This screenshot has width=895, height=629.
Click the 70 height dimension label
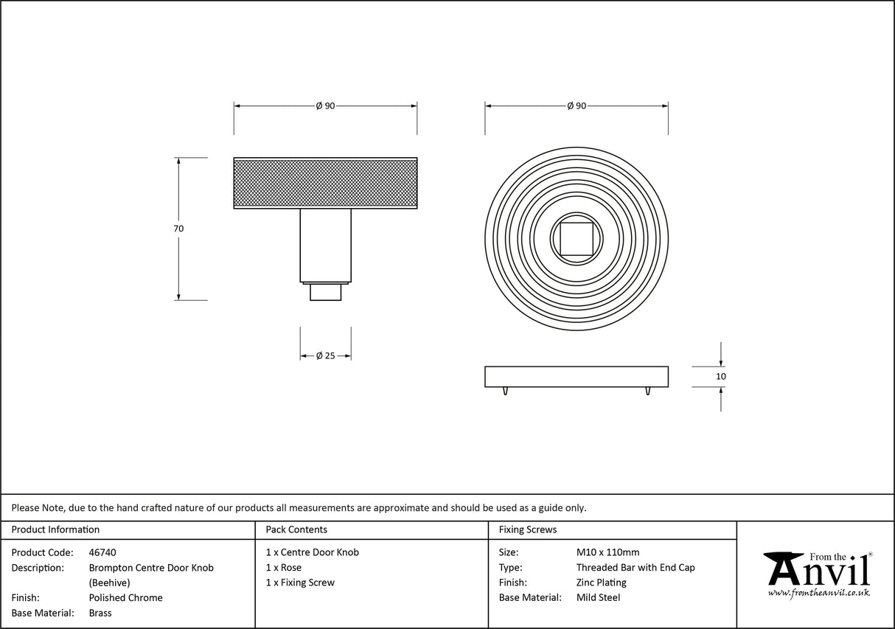coord(178,229)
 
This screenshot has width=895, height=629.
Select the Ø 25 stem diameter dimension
coord(325,355)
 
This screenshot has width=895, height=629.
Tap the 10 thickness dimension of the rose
coord(720,376)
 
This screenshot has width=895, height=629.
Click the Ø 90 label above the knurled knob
coord(325,106)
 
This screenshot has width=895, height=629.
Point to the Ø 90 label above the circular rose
coord(577,106)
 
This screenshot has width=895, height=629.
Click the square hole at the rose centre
coord(577,238)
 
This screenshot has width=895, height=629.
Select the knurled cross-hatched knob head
coord(325,183)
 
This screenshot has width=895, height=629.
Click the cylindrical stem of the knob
coord(325,245)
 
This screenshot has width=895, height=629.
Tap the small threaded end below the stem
coord(325,292)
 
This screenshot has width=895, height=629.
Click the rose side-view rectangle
coord(577,376)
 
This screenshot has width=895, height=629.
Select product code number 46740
coord(102,552)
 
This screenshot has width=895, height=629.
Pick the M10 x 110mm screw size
coord(607,552)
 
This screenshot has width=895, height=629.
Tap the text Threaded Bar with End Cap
coord(635,568)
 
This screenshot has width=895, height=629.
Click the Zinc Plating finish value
coord(601,583)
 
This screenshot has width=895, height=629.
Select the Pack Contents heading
coord(296,529)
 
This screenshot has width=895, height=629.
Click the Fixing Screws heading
coord(528,529)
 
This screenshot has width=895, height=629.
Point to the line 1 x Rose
coord(284,568)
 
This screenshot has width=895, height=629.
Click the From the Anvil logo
coord(817,573)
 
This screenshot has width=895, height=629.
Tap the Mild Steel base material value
coord(598,598)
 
